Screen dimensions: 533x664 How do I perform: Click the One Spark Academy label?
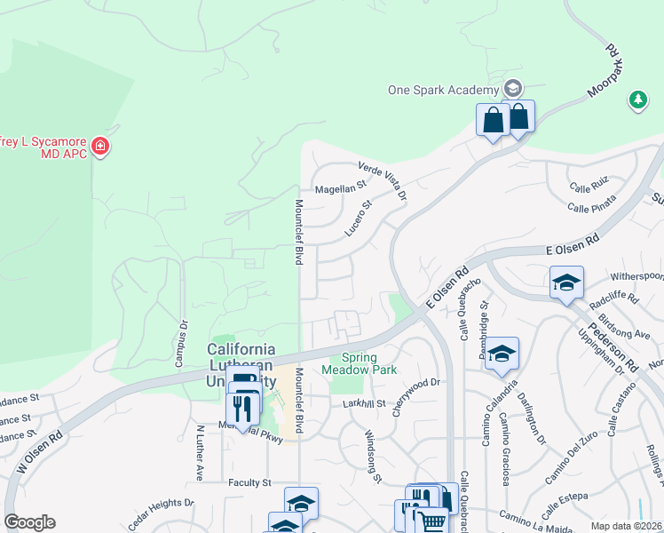pos(443,90)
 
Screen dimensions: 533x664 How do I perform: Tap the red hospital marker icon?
pos(100,145)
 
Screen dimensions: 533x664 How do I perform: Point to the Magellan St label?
pos(341,188)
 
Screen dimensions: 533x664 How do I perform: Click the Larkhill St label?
pos(364,403)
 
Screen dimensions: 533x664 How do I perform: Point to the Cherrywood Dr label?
pos(413,383)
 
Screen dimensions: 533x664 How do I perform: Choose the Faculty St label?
pos(249,482)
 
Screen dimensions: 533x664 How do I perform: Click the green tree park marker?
pos(637,100)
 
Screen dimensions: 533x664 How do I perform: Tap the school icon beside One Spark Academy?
pos(512,89)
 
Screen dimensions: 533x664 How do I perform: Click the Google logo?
pos(29,522)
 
